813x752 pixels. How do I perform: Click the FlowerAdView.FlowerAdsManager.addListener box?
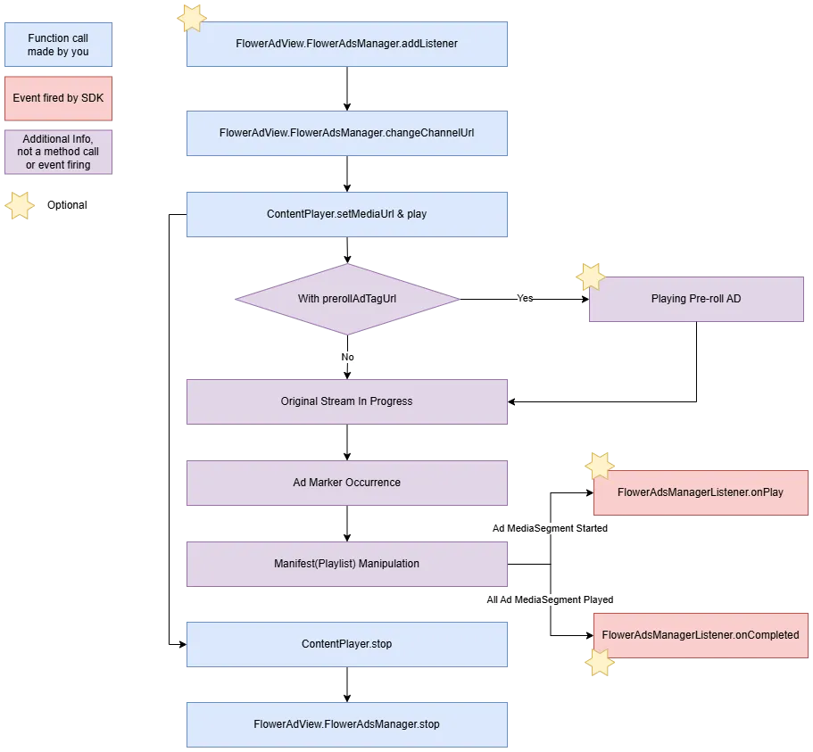click(x=346, y=44)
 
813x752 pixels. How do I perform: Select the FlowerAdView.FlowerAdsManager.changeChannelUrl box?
click(x=346, y=133)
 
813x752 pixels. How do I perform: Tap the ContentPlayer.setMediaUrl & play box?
click(x=346, y=214)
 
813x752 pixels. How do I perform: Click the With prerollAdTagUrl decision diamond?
click(x=347, y=299)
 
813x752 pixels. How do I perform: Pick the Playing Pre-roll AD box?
click(x=696, y=299)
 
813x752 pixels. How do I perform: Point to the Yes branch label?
click(x=525, y=299)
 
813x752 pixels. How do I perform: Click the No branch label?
click(x=347, y=357)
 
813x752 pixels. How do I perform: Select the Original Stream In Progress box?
click(x=346, y=401)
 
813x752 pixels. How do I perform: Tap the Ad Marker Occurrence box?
click(x=346, y=483)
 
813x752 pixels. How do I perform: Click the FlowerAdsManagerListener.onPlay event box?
click(x=701, y=492)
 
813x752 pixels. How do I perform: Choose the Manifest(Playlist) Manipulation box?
click(x=346, y=564)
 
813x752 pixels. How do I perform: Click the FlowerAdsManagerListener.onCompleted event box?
click(x=701, y=635)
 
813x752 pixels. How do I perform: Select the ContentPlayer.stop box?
click(x=346, y=644)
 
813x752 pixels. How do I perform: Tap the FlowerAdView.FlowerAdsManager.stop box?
click(x=346, y=724)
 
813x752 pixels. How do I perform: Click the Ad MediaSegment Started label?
click(x=550, y=529)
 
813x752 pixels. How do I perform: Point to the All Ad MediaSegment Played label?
click(x=550, y=600)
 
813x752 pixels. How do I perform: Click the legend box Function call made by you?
click(x=58, y=45)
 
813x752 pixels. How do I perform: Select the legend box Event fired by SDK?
click(x=58, y=98)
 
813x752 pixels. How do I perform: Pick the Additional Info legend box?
click(x=58, y=153)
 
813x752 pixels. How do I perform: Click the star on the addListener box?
click(x=191, y=18)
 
